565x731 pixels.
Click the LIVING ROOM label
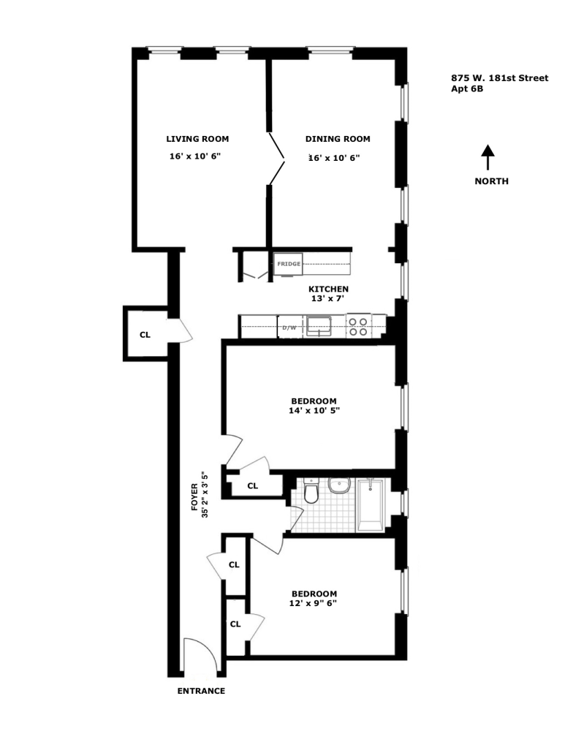point(197,139)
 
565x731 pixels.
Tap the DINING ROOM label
point(337,139)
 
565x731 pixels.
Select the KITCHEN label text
point(328,289)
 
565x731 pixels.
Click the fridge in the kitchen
point(288,263)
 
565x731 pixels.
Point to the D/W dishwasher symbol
point(289,327)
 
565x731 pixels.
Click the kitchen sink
point(319,325)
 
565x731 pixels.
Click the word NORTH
point(491,181)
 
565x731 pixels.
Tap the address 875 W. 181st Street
point(499,78)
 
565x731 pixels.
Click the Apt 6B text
point(468,89)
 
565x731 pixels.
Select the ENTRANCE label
point(201,691)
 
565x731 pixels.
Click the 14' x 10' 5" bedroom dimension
point(314,411)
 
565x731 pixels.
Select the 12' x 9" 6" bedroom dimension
point(314,604)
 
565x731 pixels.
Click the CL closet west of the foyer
point(145,335)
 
